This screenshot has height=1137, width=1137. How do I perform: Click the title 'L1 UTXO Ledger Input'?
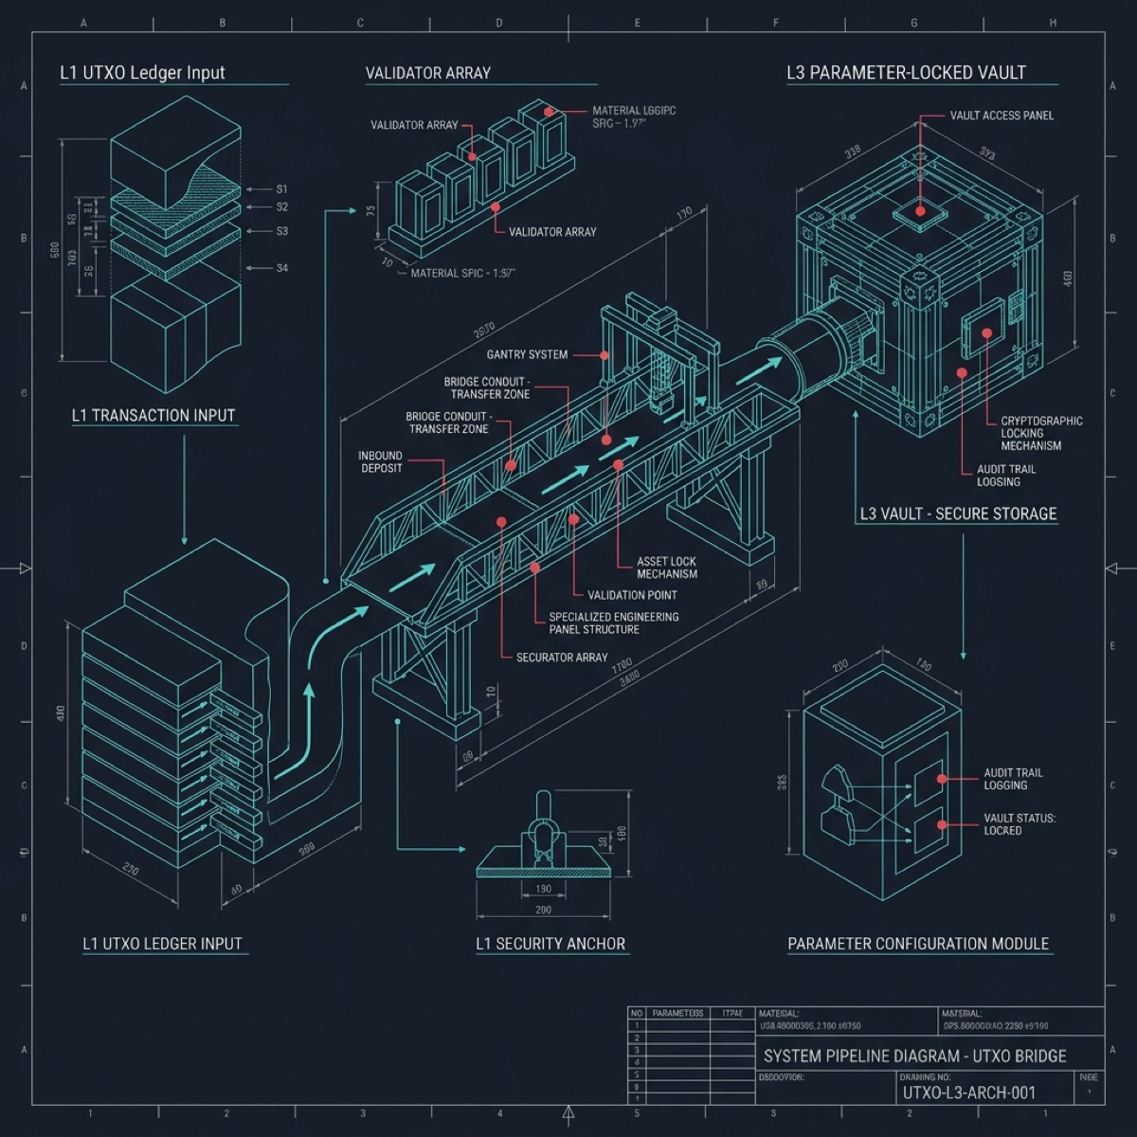(143, 73)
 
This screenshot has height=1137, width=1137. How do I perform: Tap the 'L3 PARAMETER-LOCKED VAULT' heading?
(906, 73)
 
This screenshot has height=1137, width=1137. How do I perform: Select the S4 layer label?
(281, 268)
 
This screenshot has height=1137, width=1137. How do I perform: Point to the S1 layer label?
(281, 189)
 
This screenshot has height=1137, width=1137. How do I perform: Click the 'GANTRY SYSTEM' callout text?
(527, 354)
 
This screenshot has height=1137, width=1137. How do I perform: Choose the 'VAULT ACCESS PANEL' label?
(1002, 116)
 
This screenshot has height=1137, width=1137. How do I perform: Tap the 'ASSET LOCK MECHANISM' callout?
(667, 568)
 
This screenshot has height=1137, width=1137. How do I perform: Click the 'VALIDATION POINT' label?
(632, 595)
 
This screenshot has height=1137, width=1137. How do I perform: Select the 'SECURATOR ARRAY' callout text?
(562, 657)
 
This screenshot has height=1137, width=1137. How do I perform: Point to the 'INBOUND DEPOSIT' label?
(381, 461)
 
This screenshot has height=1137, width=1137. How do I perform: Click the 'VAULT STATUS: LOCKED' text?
(1019, 824)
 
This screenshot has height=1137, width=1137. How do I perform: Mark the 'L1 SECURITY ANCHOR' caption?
(550, 944)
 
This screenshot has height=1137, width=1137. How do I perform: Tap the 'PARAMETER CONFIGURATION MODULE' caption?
(918, 944)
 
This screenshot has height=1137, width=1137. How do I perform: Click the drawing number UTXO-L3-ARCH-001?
(969, 1092)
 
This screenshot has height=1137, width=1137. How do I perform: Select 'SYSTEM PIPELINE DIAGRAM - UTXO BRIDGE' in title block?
(914, 1056)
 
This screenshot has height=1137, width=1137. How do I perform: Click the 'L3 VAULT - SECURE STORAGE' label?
(958, 514)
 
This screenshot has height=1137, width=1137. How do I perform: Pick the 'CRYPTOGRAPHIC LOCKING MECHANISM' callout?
(1041, 433)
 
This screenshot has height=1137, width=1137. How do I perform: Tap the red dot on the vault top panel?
(919, 211)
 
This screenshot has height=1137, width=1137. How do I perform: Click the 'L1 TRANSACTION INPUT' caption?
(153, 415)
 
